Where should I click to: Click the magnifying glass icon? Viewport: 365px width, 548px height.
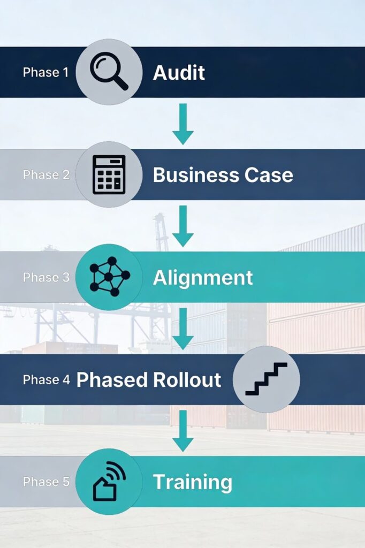109,72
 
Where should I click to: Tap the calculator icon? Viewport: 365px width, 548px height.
109,174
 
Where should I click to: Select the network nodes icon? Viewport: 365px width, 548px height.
109,277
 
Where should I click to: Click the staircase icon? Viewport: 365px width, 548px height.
266,379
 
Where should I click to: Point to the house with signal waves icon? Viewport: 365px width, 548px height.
109,482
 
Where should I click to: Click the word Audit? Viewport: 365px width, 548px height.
179,72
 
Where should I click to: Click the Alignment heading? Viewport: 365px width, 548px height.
203,277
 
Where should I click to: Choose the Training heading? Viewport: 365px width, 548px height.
193,482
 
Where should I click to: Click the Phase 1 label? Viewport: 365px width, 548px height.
46,72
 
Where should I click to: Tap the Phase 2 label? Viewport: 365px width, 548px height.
46,175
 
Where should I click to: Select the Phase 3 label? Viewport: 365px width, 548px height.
46,277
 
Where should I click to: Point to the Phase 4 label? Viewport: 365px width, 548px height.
46,379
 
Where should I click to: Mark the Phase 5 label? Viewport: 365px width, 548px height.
46,482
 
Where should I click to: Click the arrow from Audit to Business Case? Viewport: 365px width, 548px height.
182,124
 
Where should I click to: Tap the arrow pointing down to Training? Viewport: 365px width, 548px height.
182,431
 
